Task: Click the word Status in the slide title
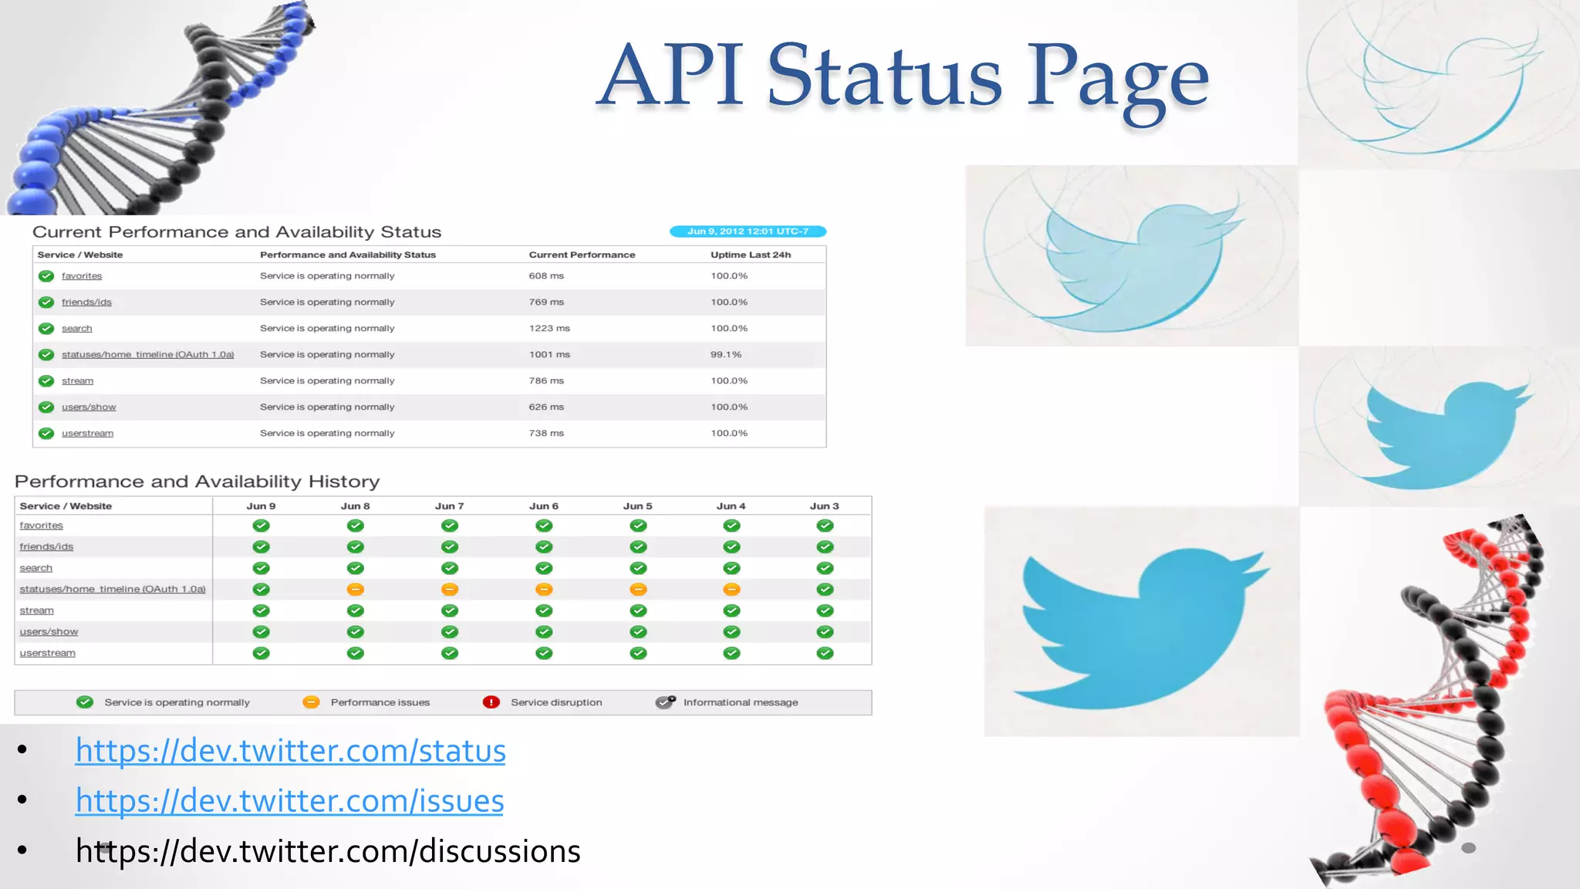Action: pyautogui.click(x=884, y=76)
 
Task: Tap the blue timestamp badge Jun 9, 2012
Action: pyautogui.click(x=747, y=232)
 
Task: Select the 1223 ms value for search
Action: pyautogui.click(x=549, y=328)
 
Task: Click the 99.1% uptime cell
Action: pyautogui.click(x=725, y=354)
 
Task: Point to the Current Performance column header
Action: pyautogui.click(x=582, y=255)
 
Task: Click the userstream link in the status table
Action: pyautogui.click(x=87, y=433)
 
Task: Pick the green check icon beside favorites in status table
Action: pyautogui.click(x=46, y=275)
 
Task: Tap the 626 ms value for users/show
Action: pyautogui.click(x=545, y=407)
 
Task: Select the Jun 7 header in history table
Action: pyautogui.click(x=449, y=506)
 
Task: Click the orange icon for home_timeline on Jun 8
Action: pyautogui.click(x=355, y=590)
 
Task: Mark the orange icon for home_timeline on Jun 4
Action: pyautogui.click(x=731, y=590)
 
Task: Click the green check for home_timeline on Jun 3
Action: pyautogui.click(x=825, y=590)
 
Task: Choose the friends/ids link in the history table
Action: pyautogui.click(x=46, y=546)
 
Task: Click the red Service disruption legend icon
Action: pyautogui.click(x=491, y=702)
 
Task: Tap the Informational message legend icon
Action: pyautogui.click(x=665, y=702)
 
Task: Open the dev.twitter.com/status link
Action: pyautogui.click(x=290, y=751)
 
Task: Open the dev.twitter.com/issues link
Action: pyautogui.click(x=289, y=801)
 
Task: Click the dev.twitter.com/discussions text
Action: pyautogui.click(x=328, y=851)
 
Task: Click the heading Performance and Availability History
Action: pyautogui.click(x=197, y=482)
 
